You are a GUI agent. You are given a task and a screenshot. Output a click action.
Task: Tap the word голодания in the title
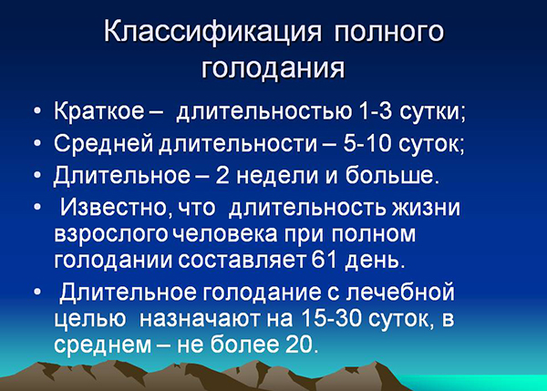click(273, 67)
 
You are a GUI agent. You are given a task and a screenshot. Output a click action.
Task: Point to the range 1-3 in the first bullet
click(381, 115)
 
